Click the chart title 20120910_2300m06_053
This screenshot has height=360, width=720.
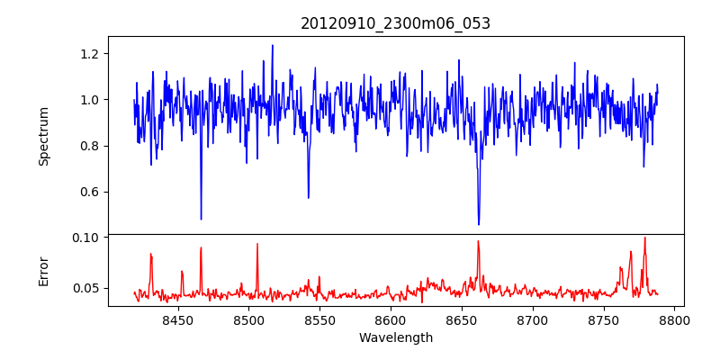(x=395, y=23)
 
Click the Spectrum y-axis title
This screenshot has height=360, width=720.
(x=43, y=136)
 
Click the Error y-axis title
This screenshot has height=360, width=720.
(x=43, y=271)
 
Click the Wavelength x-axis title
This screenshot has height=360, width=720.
(x=395, y=338)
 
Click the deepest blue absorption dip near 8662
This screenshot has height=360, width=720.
(x=479, y=224)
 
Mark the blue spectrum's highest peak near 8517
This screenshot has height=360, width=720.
(x=272, y=46)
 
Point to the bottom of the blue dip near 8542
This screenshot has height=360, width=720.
(x=308, y=198)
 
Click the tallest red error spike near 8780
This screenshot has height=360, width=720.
(x=644, y=238)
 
